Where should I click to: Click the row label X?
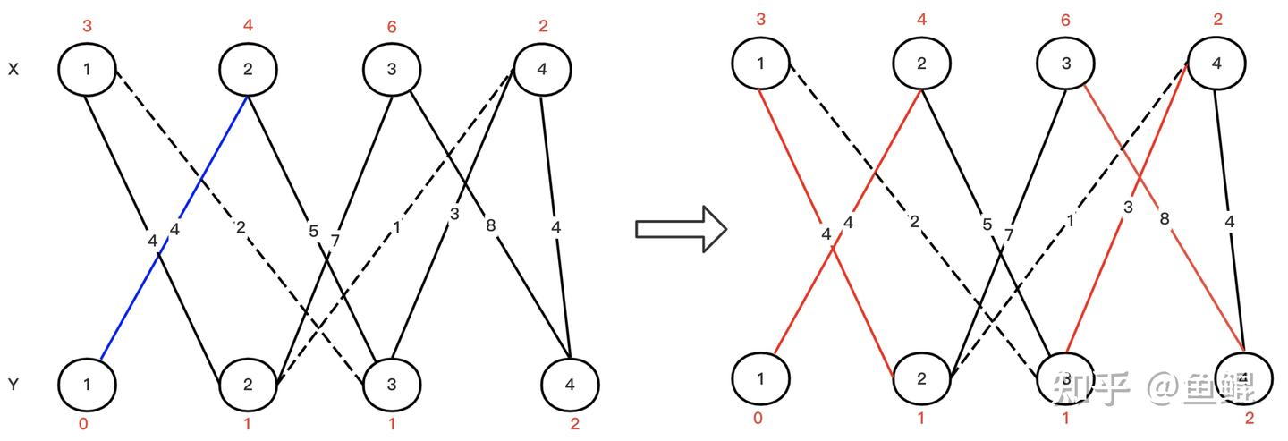pyautogui.click(x=13, y=69)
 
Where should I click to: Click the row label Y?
pyautogui.click(x=13, y=385)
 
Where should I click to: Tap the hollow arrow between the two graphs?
pyautogui.click(x=680, y=229)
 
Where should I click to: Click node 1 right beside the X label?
pyautogui.click(x=87, y=69)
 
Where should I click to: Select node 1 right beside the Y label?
pyautogui.click(x=87, y=385)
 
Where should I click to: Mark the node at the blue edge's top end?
pyautogui.click(x=249, y=69)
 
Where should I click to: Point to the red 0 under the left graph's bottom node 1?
pyautogui.click(x=83, y=424)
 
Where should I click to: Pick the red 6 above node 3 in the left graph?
pyautogui.click(x=392, y=27)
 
